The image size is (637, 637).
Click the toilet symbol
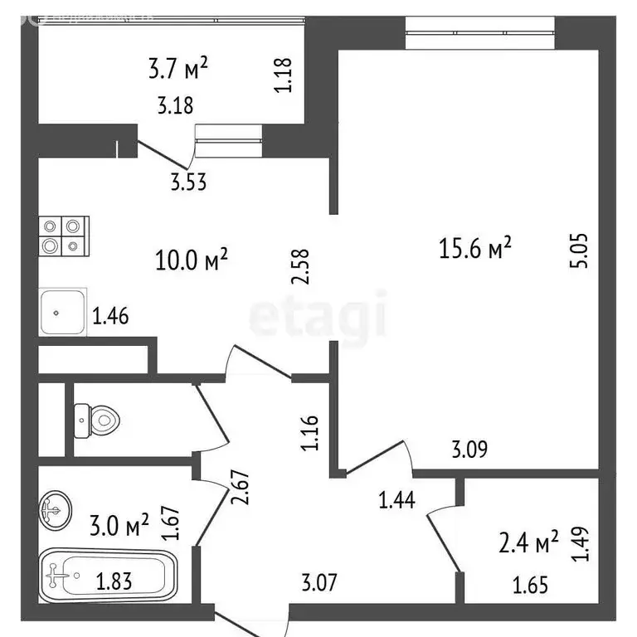point(95,420)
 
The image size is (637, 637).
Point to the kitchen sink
point(62,313)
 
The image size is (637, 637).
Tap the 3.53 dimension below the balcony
point(187,182)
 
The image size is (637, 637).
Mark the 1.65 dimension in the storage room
point(531,586)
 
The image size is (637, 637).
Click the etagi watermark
point(318,318)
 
